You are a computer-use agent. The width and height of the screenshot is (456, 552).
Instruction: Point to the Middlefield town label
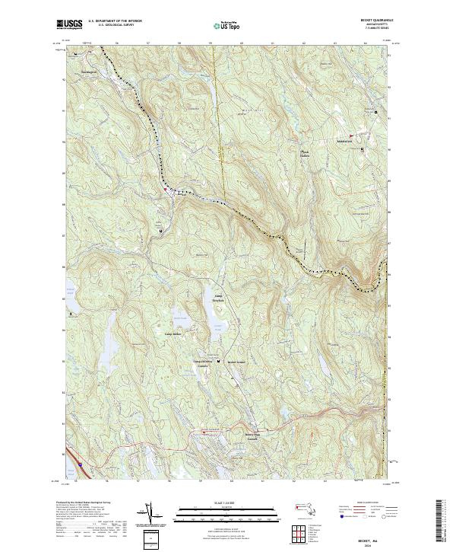click(346, 141)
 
